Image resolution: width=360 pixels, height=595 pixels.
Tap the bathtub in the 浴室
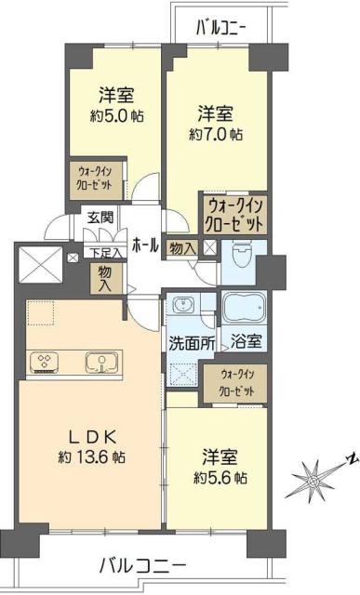pos(245,309)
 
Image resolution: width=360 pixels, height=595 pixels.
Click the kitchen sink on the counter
pos(98,361)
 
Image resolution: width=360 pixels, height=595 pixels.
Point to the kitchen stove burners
pos(44,362)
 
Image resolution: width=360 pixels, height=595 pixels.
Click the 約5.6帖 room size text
pos(220,478)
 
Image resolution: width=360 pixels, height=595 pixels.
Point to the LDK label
pos(89,437)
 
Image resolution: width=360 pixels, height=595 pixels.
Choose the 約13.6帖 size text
pos(89,458)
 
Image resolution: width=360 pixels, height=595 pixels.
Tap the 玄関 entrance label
pos(100,218)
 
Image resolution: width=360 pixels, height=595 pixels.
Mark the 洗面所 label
pos(192,341)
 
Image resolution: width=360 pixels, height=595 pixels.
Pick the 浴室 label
pos(245,341)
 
